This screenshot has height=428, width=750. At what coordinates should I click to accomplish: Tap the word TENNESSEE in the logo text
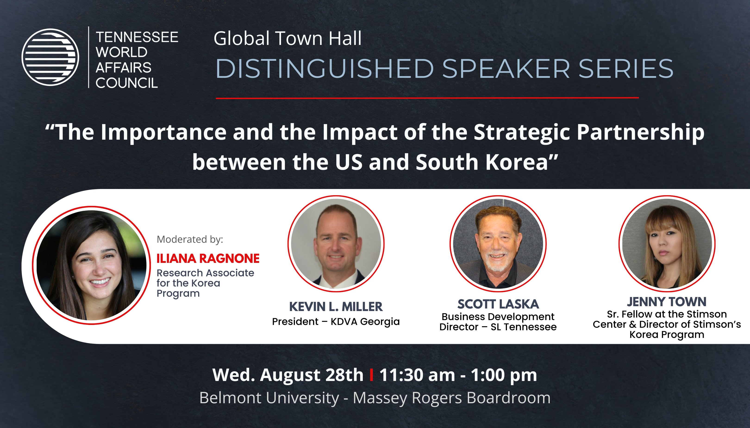[137, 37]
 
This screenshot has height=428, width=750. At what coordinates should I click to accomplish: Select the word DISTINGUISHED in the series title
[325, 69]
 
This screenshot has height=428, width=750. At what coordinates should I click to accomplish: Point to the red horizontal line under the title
[427, 98]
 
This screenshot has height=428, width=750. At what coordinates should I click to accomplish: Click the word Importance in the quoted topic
[163, 132]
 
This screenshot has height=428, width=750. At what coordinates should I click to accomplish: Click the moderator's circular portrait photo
[91, 265]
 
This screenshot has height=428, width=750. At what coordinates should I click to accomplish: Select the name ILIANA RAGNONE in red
[208, 258]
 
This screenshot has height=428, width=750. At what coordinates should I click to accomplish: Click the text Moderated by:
[190, 239]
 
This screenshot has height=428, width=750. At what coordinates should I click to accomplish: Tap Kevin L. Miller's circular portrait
[336, 244]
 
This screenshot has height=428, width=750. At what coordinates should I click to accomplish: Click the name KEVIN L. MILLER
[336, 307]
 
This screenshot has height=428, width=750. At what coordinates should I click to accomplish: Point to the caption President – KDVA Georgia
[336, 322]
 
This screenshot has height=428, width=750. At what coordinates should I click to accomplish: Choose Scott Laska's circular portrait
[498, 244]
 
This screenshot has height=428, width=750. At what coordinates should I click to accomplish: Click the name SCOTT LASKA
[498, 304]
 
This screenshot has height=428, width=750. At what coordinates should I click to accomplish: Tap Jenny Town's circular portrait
[667, 244]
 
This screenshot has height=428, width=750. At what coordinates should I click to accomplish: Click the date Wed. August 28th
[288, 375]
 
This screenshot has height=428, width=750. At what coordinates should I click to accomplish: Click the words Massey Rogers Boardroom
[452, 398]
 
